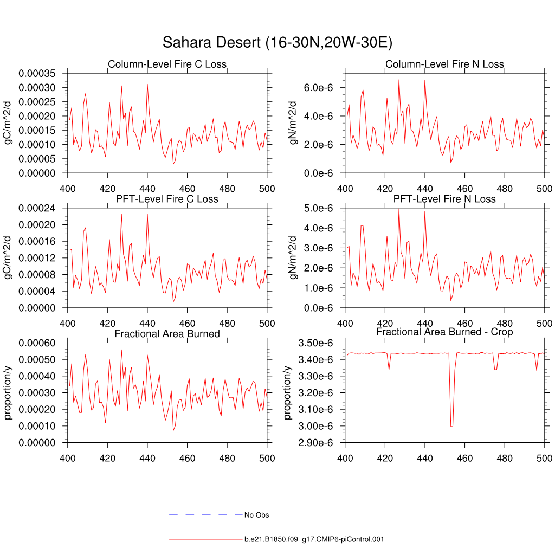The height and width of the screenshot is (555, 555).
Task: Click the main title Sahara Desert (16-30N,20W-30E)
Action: click(x=277, y=43)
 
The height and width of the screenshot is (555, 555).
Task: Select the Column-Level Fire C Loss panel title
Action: click(x=167, y=64)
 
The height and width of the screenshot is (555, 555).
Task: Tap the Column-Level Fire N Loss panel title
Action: click(x=444, y=64)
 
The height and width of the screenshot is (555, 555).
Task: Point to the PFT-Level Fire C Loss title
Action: click(x=167, y=199)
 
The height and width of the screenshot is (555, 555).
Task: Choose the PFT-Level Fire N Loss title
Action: click(x=444, y=199)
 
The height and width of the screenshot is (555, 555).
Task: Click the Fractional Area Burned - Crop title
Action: click(x=444, y=332)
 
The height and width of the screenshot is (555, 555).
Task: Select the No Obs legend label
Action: click(x=257, y=515)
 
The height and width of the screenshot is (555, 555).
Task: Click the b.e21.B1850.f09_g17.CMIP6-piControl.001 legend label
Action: click(x=314, y=539)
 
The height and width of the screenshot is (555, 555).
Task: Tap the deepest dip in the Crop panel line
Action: click(x=451, y=426)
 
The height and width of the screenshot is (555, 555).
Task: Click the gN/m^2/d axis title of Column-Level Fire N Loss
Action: click(x=293, y=123)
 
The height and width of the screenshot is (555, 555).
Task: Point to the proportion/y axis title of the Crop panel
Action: click(x=288, y=393)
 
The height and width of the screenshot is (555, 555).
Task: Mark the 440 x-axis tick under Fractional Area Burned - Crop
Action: click(x=425, y=458)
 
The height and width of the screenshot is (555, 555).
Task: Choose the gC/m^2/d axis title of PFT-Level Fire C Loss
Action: click(x=8, y=257)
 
